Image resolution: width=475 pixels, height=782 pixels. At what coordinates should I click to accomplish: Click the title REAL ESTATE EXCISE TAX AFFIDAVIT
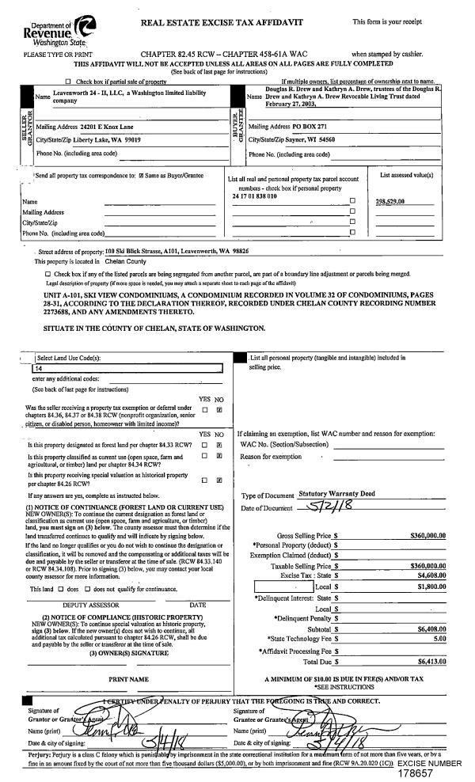pyautogui.click(x=222, y=23)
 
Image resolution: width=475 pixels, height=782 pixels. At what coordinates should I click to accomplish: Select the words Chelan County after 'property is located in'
pyautogui.click(x=125, y=260)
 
